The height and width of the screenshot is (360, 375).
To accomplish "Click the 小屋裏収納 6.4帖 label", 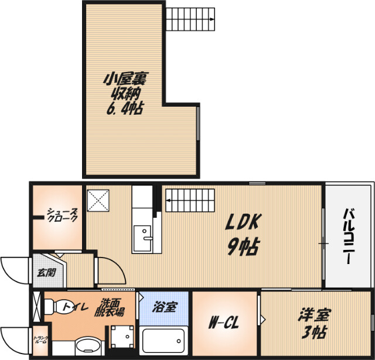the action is (125, 94).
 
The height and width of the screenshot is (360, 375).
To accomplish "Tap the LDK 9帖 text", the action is (244, 235).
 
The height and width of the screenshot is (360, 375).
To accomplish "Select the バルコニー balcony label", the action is (349, 236).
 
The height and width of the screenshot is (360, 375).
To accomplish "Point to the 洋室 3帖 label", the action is (314, 324).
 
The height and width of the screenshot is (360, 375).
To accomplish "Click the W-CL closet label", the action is (224, 323).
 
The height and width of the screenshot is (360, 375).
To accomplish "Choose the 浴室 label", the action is (165, 307).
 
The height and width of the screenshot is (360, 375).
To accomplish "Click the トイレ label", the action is (76, 307).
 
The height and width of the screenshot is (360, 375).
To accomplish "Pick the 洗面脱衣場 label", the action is (109, 307).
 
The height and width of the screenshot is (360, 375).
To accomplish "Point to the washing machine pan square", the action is (122, 337).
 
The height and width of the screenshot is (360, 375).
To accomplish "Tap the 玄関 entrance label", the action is (47, 273).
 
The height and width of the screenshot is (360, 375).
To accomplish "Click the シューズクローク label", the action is (62, 215).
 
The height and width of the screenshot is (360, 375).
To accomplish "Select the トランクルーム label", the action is (40, 340).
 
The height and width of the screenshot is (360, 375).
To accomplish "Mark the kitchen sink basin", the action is (143, 239).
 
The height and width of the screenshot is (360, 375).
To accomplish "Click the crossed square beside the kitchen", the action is (98, 200).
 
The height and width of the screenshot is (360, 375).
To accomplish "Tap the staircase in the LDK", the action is (190, 200).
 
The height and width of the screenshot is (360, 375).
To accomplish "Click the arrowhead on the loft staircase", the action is (212, 19).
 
